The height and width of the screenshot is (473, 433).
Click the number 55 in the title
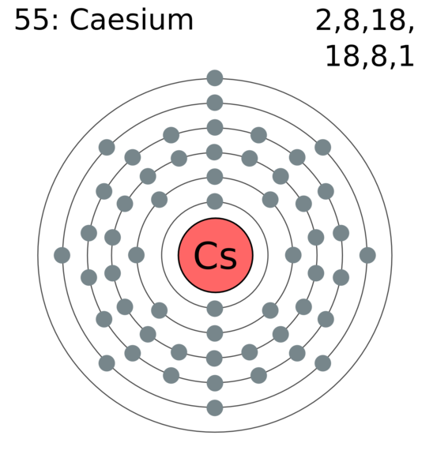click(32, 20)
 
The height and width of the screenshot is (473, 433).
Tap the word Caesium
click(131, 20)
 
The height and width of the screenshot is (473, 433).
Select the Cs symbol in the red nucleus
click(215, 256)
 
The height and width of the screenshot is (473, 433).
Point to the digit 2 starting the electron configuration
click(323, 20)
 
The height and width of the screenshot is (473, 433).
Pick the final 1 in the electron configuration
click(407, 56)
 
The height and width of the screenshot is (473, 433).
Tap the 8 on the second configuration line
click(379, 56)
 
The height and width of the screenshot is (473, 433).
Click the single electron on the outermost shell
click(215, 78)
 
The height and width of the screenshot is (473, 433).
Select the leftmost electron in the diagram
click(62, 255)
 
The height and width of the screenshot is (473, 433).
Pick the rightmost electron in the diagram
click(367, 255)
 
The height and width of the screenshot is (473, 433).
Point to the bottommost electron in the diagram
click(215, 407)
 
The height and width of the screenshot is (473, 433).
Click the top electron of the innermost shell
click(215, 201)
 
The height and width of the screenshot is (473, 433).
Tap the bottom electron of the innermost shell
click(215, 309)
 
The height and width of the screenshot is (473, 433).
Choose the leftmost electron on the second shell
click(137, 255)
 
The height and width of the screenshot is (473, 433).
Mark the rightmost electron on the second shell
click(293, 255)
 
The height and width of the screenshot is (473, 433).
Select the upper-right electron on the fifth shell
click(323, 148)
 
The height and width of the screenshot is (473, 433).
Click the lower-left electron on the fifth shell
click(107, 363)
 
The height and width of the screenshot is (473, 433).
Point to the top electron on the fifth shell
click(215, 103)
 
